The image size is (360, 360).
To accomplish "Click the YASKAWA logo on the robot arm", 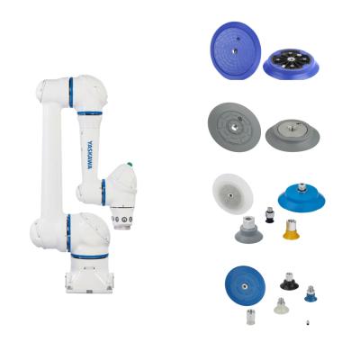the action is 90,155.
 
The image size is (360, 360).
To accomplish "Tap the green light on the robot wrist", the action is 130,165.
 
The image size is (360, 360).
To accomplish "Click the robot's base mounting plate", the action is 89,283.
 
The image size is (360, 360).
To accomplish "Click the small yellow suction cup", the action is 292,229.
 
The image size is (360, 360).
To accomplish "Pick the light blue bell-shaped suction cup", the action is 301,198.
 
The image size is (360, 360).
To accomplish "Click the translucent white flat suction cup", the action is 233,194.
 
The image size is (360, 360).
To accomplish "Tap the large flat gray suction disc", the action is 234,127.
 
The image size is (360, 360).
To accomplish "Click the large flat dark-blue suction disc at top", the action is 236,50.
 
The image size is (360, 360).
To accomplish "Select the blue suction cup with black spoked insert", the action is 291,65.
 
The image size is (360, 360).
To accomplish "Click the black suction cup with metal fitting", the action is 289,281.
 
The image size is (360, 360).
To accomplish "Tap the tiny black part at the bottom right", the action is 308,323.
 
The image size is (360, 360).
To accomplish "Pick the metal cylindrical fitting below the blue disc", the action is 249,317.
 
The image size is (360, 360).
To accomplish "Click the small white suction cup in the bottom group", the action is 281,306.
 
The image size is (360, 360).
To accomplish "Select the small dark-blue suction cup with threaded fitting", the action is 310,293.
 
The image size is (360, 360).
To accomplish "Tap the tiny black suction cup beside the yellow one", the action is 268,215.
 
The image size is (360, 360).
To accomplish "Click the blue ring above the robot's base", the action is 89,256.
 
